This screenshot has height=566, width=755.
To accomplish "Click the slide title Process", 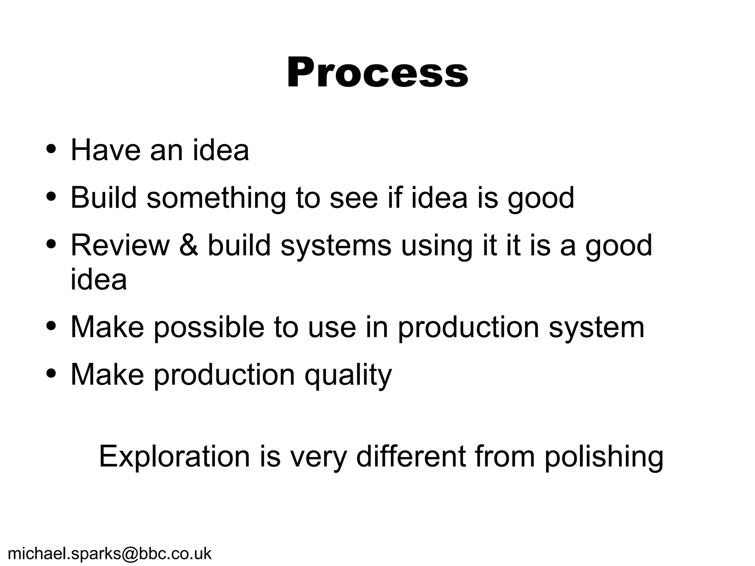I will click(377, 73).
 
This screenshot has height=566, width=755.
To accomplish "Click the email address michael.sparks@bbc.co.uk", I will click(109, 553).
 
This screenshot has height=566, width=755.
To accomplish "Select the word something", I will click(216, 198).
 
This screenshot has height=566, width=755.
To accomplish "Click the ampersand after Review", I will click(189, 246).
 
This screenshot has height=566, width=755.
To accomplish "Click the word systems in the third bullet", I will click(336, 246).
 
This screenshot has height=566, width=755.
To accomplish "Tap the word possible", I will click(209, 327).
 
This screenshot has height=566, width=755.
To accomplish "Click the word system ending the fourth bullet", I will click(596, 327).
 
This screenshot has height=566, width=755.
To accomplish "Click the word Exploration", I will click(174, 456).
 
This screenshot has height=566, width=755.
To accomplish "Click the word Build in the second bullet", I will click(104, 198).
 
